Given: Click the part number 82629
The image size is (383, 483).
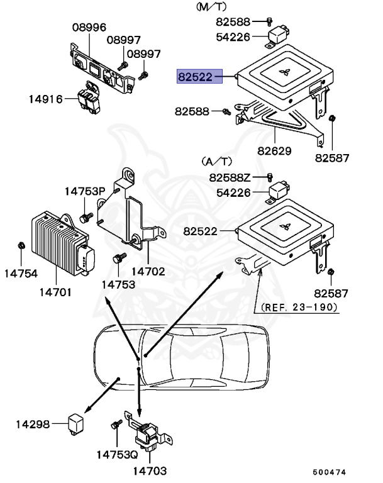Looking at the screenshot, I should [274, 151].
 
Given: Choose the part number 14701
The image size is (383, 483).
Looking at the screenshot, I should [55, 292].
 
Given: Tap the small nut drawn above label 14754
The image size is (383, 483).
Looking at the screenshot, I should [21, 244].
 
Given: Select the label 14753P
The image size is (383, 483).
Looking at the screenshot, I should [85, 191].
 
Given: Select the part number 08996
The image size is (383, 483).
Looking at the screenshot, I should [89, 28].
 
